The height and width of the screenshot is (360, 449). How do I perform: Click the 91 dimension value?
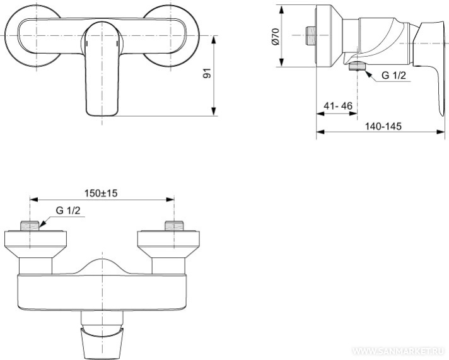(207, 73)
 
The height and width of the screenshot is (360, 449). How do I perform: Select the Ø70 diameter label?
(275, 37)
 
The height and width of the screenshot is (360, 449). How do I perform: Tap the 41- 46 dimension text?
(338, 106)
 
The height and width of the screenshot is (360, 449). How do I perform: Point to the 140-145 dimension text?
(383, 126)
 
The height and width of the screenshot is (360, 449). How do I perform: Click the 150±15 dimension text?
(101, 194)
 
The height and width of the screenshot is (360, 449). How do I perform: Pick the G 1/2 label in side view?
(394, 76)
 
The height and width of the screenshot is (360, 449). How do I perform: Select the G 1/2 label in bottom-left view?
(68, 211)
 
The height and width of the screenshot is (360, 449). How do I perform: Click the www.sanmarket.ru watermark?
(399, 351)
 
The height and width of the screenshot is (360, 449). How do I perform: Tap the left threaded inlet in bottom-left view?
(30, 225)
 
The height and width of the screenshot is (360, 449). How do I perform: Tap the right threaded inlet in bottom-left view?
(174, 225)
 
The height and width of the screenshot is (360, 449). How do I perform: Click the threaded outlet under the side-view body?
(358, 66)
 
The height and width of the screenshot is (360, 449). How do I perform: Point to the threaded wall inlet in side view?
(310, 35)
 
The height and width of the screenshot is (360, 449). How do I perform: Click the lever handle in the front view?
(102, 69)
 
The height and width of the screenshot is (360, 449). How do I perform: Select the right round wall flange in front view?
(172, 36)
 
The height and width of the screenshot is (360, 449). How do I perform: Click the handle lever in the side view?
(431, 69)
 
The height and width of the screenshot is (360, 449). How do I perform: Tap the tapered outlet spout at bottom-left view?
(102, 344)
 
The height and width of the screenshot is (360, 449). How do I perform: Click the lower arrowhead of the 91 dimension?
(214, 112)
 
